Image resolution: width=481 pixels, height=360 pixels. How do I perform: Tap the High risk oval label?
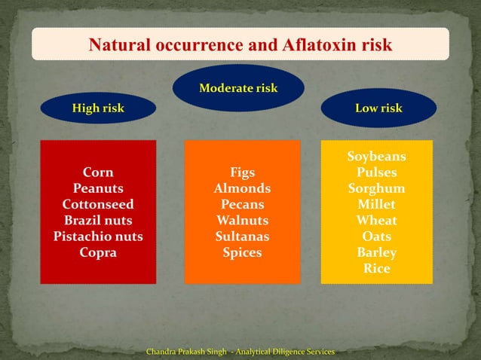(98, 108)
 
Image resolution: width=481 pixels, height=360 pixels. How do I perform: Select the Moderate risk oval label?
(238, 88)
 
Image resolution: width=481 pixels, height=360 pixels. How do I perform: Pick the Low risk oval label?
(378, 108)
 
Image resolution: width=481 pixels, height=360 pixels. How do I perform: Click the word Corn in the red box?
(98, 172)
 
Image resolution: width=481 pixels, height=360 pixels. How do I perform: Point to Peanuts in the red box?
(98, 188)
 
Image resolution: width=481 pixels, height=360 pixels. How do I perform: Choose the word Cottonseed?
(98, 204)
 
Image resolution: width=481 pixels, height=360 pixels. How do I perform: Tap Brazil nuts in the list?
(98, 221)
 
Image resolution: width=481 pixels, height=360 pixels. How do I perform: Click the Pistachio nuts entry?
(98, 236)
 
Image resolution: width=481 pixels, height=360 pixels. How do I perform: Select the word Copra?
(98, 253)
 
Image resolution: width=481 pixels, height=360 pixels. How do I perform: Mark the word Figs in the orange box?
(242, 172)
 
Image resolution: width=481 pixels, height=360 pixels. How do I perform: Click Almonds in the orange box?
(242, 188)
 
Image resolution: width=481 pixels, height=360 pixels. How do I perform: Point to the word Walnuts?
(242, 221)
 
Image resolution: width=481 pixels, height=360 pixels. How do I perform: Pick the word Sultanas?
(242, 236)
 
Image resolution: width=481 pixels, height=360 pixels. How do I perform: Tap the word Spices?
(242, 253)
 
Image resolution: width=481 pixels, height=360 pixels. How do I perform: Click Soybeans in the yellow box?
(376, 157)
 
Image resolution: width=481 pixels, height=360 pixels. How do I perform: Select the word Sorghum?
(376, 188)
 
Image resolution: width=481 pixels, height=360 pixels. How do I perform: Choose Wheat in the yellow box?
(376, 221)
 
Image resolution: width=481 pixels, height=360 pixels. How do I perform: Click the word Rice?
(376, 268)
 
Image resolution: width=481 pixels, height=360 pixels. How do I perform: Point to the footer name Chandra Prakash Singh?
(185, 352)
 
